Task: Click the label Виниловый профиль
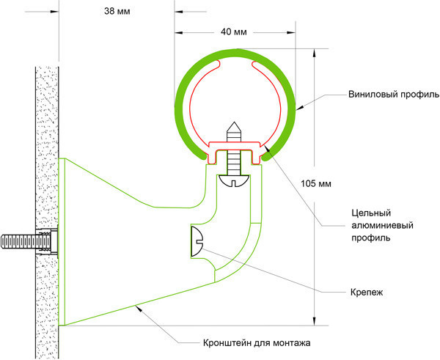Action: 393,96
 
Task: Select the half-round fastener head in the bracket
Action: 197,242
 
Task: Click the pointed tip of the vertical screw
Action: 234,126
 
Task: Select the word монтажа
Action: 293,342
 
